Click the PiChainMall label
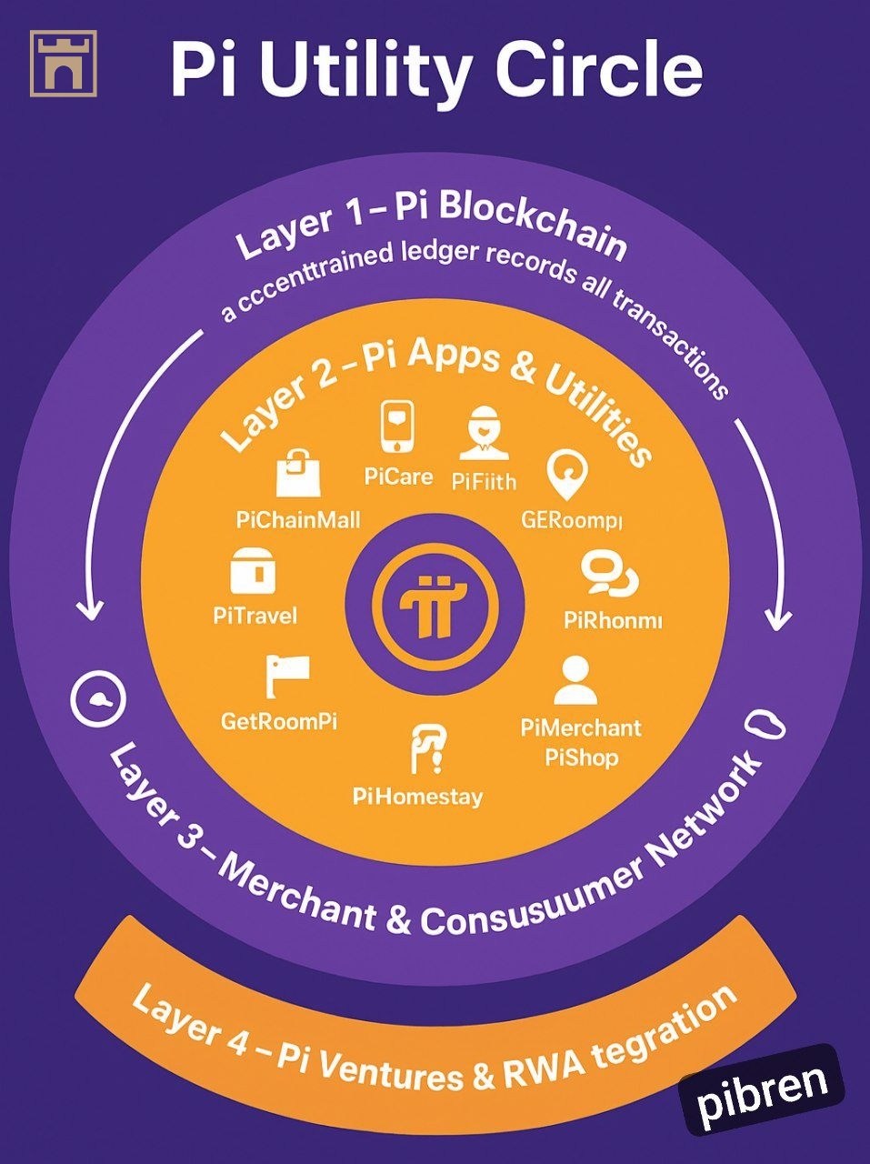pos(298,520)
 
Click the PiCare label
pos(398,477)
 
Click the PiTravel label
pos(255,616)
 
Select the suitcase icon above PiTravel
pos(254,572)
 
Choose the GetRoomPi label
pos(279,722)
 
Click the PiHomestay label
pos(417,798)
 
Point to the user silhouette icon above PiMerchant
pos(575,681)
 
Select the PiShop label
pos(582,758)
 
